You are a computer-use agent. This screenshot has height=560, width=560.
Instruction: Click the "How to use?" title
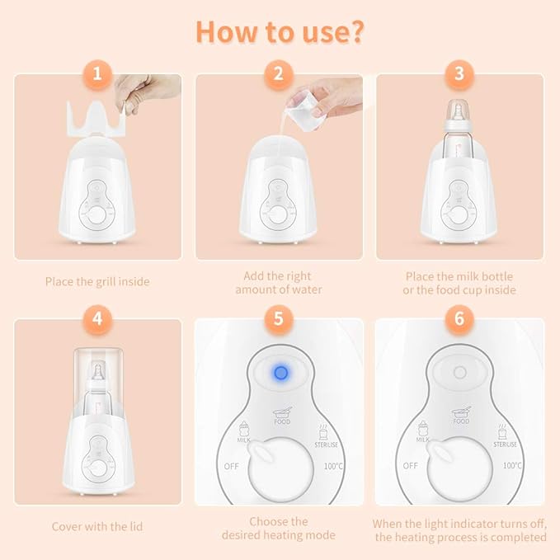[280, 31]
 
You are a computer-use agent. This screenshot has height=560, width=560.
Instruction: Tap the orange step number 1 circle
[98, 74]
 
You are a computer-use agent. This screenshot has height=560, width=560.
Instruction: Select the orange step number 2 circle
[279, 74]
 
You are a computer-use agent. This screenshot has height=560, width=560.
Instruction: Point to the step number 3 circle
[459, 74]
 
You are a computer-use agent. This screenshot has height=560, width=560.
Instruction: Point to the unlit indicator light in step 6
[459, 373]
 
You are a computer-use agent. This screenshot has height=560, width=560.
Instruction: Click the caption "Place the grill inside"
[98, 281]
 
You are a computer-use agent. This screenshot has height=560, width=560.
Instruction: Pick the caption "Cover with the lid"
[98, 525]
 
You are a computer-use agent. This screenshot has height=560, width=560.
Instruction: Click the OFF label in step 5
[232, 465]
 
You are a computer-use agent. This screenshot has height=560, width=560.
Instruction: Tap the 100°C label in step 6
[511, 465]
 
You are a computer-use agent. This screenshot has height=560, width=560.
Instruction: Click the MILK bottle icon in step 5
[244, 430]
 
